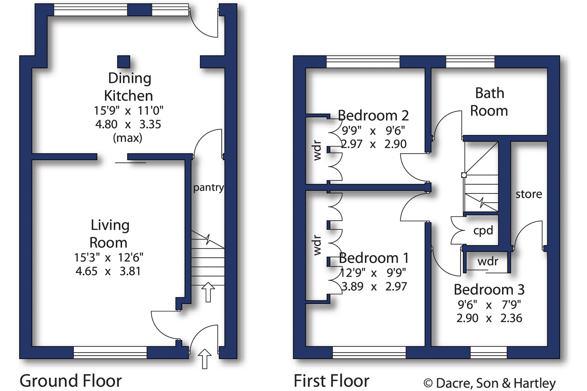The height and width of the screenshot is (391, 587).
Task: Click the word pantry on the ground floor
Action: coord(208,188)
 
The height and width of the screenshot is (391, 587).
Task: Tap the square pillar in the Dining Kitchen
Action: coord(123,62)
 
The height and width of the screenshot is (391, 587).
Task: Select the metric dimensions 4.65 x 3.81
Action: coord(108,271)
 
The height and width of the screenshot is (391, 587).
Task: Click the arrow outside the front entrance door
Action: coord(205,359)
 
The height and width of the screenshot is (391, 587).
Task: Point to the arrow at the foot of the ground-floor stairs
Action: coord(208,292)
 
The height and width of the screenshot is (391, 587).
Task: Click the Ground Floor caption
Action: coord(71,381)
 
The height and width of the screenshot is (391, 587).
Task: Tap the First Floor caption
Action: coord(331,381)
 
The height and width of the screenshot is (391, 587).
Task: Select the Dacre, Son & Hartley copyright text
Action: coord(490,383)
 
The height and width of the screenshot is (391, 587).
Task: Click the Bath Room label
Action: coord(489,102)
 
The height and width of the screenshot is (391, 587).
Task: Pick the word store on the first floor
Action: coord(529,194)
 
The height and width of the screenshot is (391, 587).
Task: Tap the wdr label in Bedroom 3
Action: coord(488,261)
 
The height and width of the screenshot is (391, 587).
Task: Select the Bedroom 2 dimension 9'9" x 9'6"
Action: coord(373,131)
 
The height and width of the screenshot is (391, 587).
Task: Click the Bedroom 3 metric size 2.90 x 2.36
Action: coord(489,318)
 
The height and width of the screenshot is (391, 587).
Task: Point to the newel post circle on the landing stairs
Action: coord(464,175)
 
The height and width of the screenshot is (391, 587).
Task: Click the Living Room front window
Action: coord(110,352)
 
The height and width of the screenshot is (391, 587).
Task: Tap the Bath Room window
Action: coord(470,62)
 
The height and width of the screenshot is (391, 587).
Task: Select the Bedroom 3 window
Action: coord(489,352)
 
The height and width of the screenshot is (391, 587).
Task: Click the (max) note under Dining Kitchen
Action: coord(128,138)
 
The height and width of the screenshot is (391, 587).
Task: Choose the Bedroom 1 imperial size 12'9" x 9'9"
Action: coord(373,273)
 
